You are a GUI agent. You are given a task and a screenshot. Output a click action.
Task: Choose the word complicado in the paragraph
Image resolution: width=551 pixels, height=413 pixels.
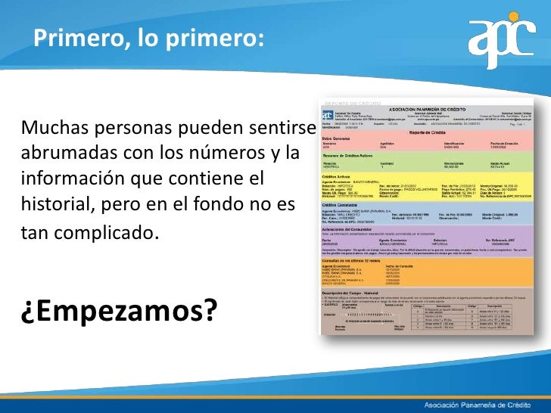coord(110,231)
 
